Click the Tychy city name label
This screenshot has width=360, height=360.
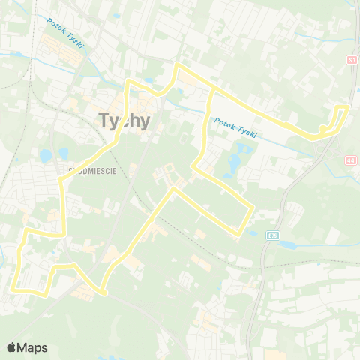124,120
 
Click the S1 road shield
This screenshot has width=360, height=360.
351,58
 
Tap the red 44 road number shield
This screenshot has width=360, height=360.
351,160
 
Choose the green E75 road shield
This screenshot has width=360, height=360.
271,235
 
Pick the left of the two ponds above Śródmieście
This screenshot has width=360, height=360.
46,156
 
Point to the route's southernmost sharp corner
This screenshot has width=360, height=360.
103,291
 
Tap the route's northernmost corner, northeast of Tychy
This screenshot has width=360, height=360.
178,66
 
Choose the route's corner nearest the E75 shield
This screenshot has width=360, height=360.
252,209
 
